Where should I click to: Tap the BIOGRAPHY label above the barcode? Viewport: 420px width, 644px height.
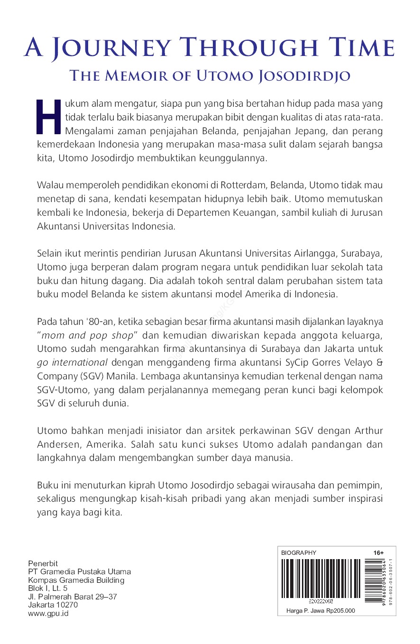tap(299, 552)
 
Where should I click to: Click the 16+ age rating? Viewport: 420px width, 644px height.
tap(378, 552)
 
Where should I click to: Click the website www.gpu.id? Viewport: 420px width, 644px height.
tap(48, 613)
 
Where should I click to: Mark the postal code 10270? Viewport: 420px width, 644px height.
tap(66, 605)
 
